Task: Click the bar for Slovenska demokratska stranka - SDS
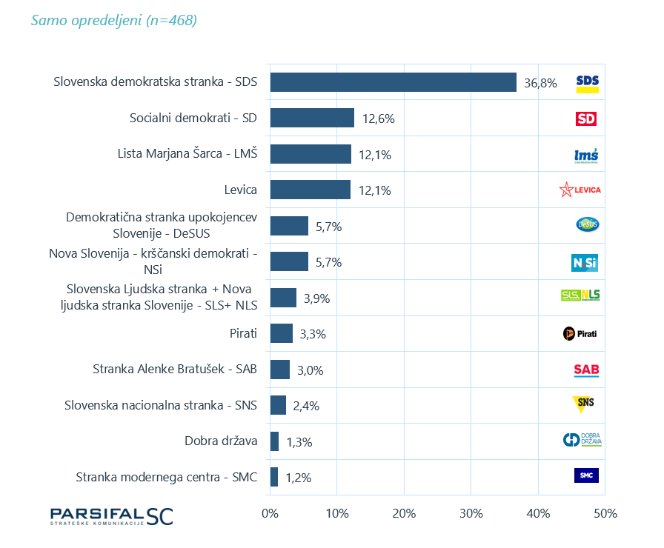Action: (393, 82)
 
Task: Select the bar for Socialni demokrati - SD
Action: (312, 118)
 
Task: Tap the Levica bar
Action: (310, 190)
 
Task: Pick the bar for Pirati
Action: (282, 333)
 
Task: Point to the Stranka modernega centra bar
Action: (274, 477)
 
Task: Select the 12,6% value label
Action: (378, 118)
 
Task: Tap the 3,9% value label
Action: (316, 298)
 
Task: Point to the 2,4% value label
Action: (306, 406)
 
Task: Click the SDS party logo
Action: (587, 83)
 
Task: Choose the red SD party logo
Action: (586, 118)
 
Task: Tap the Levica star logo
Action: (580, 190)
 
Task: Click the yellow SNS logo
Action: (584, 404)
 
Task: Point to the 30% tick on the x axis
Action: (471, 513)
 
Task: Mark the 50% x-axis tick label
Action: (605, 513)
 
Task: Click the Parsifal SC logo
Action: (111, 516)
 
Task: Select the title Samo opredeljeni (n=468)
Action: (114, 21)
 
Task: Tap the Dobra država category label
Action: (221, 441)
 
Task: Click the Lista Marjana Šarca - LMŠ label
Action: (187, 154)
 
